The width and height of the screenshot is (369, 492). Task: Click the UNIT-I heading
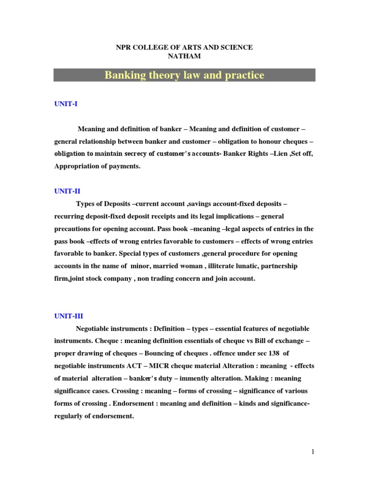(66, 104)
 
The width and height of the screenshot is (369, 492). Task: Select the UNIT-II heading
(67, 191)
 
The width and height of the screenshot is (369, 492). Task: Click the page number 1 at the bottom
(312, 452)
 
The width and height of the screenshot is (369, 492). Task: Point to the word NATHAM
(184, 56)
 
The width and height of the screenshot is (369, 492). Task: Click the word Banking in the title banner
(123, 75)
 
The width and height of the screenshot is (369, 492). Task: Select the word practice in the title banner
(245, 75)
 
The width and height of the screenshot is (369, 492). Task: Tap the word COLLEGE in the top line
(150, 47)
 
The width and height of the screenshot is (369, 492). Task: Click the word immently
(195, 379)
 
